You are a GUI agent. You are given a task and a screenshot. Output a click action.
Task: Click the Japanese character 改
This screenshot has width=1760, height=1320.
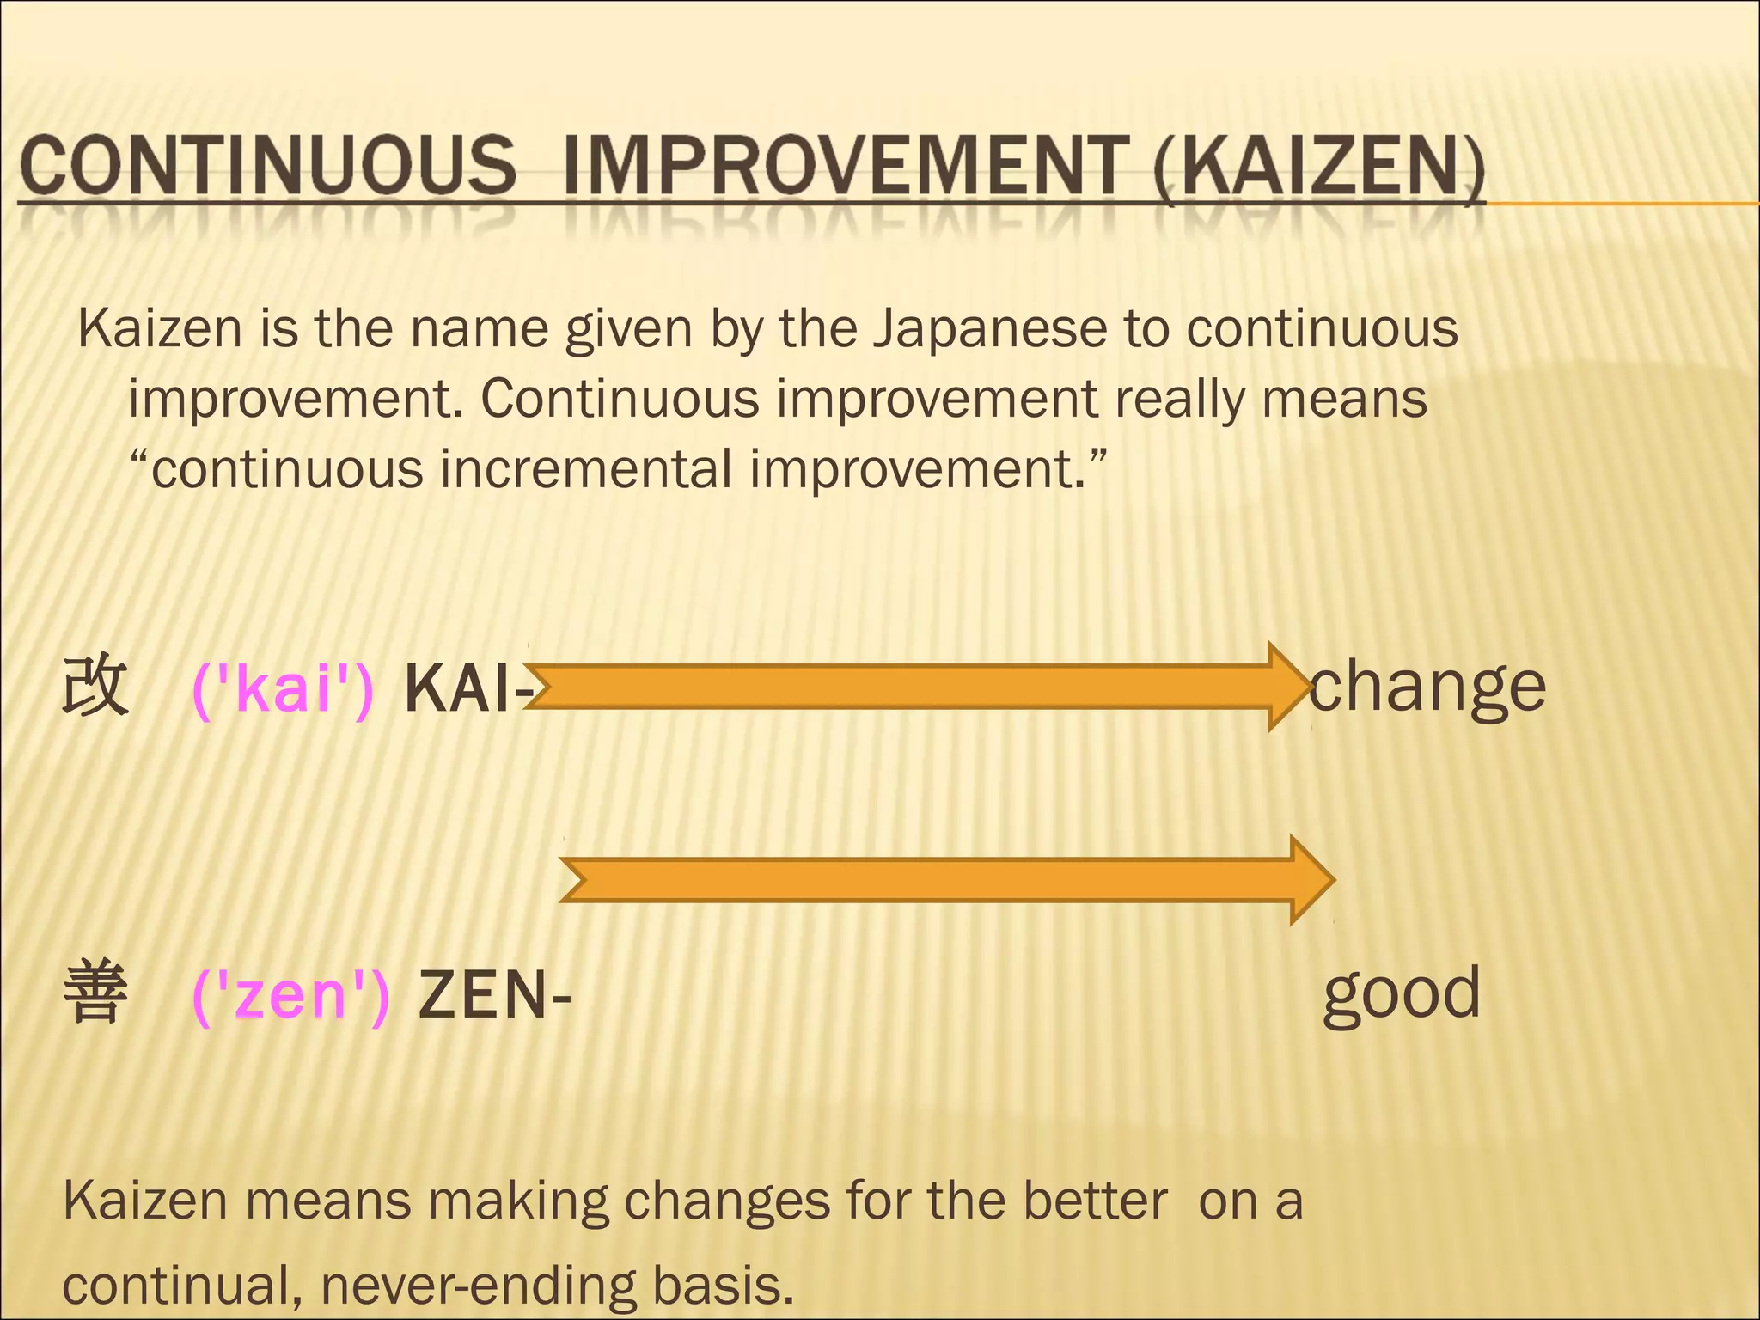click(x=95, y=687)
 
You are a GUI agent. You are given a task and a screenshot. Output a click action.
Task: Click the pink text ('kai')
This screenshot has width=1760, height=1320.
click(x=283, y=688)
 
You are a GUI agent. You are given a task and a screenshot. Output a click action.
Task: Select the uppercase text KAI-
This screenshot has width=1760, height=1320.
click(x=464, y=688)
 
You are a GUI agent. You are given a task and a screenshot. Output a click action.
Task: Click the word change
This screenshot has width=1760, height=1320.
click(x=1427, y=688)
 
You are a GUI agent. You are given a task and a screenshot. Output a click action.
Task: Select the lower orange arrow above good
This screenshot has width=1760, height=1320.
click(x=945, y=879)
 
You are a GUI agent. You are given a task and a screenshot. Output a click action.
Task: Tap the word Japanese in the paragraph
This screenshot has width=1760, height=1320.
click(x=989, y=329)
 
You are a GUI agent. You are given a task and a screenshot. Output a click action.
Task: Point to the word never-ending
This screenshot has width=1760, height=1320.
click(x=478, y=1286)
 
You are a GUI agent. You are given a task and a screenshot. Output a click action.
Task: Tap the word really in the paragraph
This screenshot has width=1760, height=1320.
click(x=1179, y=400)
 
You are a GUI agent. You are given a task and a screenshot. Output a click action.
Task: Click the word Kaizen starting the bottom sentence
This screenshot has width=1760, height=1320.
click(x=144, y=1201)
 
